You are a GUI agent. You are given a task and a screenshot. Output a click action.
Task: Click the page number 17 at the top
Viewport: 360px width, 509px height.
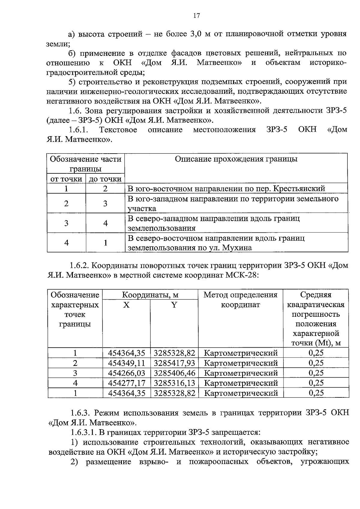[196, 16]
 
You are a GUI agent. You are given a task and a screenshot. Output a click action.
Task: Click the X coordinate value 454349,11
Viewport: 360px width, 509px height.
[126, 363]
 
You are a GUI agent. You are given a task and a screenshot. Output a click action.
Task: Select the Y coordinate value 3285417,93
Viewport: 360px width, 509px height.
[174, 363]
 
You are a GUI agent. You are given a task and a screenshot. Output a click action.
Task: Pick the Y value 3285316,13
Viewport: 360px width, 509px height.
[174, 383]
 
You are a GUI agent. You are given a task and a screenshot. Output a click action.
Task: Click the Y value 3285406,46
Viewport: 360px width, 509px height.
[174, 373]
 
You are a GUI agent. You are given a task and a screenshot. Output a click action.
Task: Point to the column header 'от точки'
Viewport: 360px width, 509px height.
[66, 179]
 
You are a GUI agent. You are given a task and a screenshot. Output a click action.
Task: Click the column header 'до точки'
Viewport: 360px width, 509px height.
[105, 179]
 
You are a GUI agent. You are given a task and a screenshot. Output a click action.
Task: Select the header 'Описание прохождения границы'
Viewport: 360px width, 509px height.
[236, 159]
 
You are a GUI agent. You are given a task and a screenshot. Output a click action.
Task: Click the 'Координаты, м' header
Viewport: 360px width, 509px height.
[150, 295]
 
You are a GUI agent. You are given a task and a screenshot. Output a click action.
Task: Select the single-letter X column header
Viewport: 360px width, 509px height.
[126, 305]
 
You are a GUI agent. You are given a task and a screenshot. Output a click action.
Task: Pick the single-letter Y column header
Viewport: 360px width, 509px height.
[174, 305]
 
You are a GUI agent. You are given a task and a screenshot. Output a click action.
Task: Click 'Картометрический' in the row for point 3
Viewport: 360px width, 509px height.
[241, 373]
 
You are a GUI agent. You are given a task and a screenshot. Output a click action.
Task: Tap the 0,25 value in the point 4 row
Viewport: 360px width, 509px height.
[316, 383]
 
